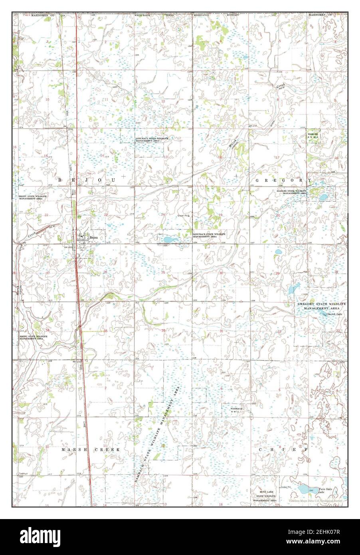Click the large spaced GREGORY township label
click(x=283, y=180)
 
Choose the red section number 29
click(x=336, y=272)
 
